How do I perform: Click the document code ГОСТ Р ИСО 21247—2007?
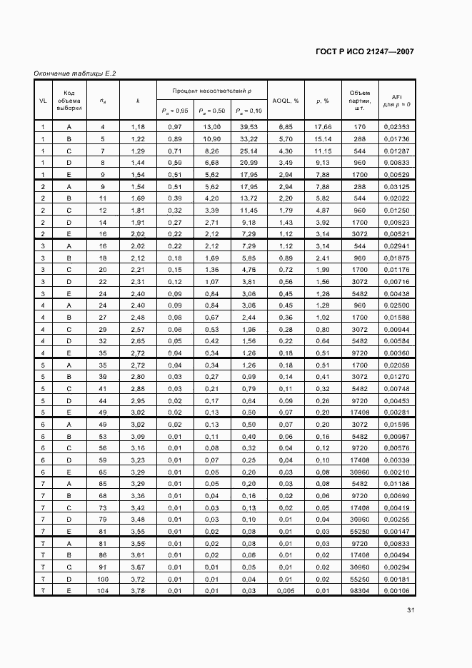364,52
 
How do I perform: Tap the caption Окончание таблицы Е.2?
74,74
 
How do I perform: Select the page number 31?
411,609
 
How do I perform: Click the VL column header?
43,101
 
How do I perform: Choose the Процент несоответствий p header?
212,91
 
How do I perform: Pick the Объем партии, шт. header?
359,101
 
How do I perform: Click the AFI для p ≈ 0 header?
395,101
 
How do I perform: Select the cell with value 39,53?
248,126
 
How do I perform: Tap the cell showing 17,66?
323,126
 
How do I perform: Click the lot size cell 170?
359,126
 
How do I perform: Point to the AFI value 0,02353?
395,126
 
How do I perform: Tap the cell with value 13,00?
212,126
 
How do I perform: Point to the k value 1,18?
138,126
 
